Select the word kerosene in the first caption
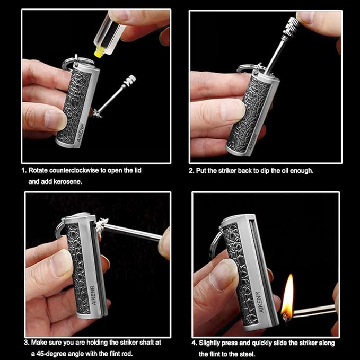(x=67, y=182)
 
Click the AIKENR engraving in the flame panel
(x=260, y=302)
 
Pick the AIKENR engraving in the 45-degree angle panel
(x=93, y=295)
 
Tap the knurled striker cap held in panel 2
(x=291, y=28)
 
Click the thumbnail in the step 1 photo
(x=55, y=119)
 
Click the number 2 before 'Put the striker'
(x=191, y=171)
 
